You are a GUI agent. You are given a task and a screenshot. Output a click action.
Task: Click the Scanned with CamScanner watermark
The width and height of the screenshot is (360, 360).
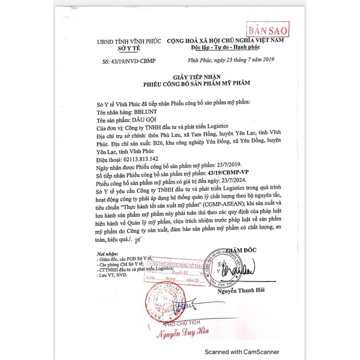pos(242,352)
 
